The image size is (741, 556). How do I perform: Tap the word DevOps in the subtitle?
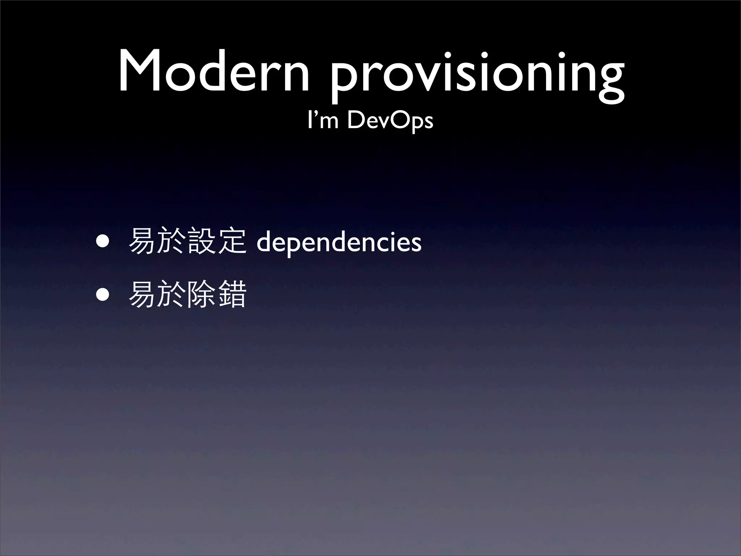point(390,121)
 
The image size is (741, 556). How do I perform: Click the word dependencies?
point(339,243)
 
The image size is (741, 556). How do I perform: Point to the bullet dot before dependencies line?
point(102,241)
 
